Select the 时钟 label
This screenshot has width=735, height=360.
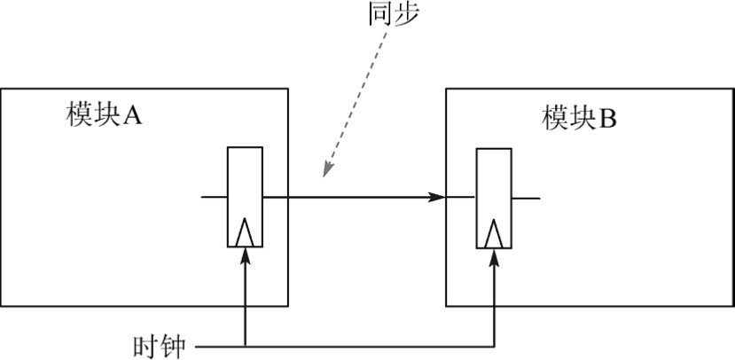click(x=159, y=345)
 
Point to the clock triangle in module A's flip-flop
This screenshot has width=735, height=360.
click(x=246, y=233)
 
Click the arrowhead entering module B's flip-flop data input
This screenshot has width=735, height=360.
click(x=436, y=196)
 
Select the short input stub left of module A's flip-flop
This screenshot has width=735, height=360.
click(x=215, y=196)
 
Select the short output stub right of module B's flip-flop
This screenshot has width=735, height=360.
click(x=526, y=197)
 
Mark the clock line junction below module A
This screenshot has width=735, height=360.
click(x=246, y=344)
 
